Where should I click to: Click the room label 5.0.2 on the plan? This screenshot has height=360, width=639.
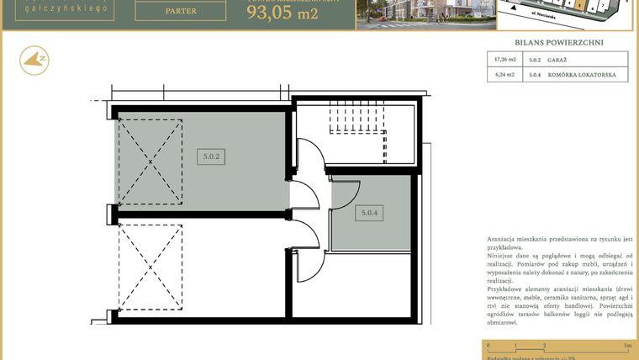pyautogui.click(x=212, y=156)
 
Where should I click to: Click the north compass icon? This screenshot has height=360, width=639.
pyautogui.click(x=34, y=59)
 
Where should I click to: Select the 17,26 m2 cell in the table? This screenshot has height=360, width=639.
pyautogui.click(x=504, y=60)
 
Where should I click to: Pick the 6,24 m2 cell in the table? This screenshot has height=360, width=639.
pyautogui.click(x=504, y=75)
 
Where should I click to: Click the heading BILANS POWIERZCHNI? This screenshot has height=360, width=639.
pyautogui.click(x=558, y=42)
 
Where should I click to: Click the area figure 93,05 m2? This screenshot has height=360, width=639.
pyautogui.click(x=282, y=13)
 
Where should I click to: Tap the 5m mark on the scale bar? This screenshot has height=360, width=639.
pyautogui.click(x=626, y=346)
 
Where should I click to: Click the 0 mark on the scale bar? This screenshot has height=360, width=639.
pyautogui.click(x=488, y=346)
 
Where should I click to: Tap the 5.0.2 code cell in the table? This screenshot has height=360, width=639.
pyautogui.click(x=535, y=60)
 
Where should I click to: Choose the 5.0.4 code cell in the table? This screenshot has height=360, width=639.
pyautogui.click(x=535, y=75)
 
